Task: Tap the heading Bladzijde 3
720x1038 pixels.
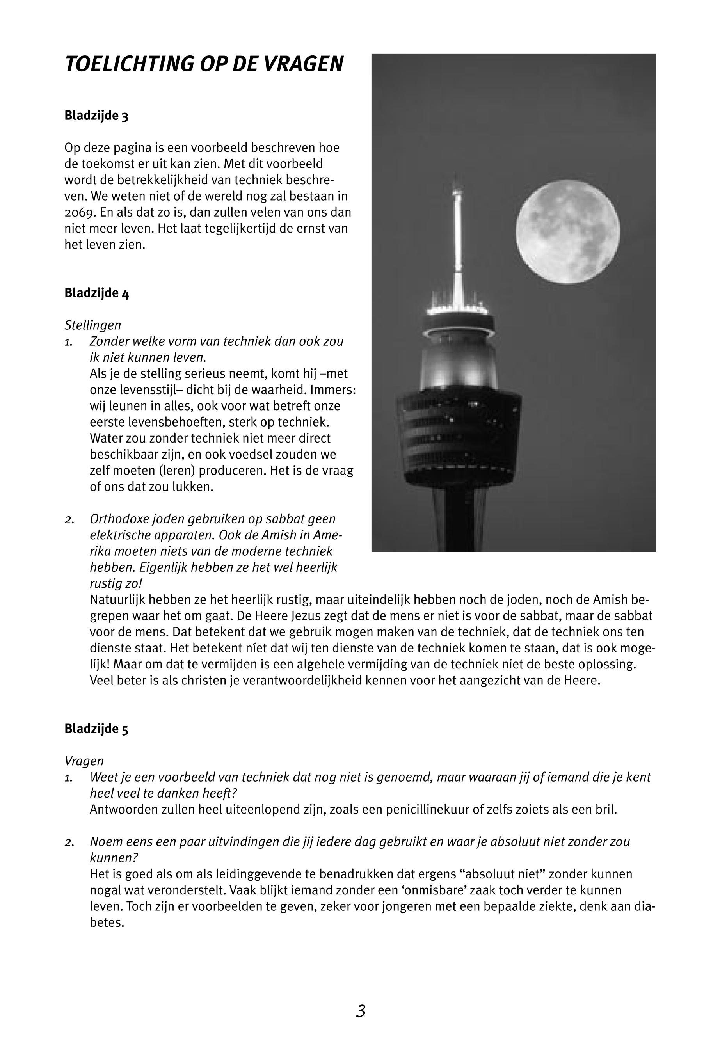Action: (x=96, y=116)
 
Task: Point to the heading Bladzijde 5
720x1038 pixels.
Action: (x=96, y=729)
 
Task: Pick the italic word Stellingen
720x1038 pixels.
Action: (x=92, y=325)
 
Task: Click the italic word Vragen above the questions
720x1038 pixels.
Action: (x=84, y=761)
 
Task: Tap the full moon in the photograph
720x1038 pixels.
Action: (x=567, y=232)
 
